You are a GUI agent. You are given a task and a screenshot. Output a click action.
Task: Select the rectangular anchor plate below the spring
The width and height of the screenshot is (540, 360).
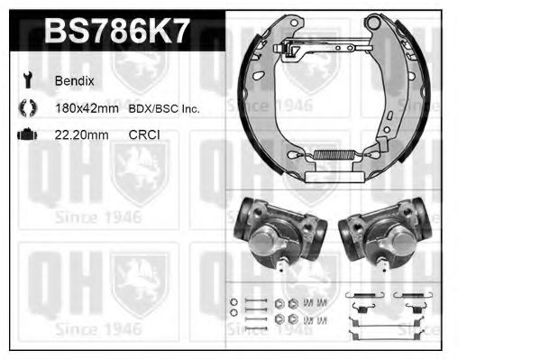tap(334, 178)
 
